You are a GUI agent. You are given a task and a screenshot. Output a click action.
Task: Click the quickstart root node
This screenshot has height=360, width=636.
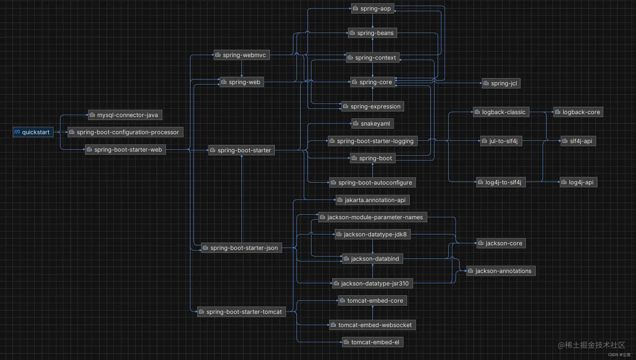(x=33, y=132)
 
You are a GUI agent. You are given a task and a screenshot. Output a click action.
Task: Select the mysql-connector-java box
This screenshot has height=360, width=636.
(x=125, y=115)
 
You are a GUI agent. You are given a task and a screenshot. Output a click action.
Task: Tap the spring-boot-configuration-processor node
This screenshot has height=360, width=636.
(x=125, y=132)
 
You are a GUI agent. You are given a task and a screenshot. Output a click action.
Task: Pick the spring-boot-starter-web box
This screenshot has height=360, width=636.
(x=125, y=150)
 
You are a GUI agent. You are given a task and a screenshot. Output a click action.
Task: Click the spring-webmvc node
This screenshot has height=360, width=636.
(x=242, y=55)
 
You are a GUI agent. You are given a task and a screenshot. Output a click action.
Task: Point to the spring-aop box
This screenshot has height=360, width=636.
(x=373, y=8)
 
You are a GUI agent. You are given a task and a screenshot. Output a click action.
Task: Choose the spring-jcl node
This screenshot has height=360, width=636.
(x=501, y=83)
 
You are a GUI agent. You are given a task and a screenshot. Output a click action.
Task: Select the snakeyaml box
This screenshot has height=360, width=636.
(x=373, y=124)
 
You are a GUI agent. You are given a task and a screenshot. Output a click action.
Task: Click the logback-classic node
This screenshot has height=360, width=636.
(x=501, y=112)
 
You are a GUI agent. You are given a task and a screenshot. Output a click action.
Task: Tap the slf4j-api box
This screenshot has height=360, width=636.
(x=578, y=141)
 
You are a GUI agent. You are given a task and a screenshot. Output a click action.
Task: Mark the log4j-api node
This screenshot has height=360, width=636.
(x=578, y=182)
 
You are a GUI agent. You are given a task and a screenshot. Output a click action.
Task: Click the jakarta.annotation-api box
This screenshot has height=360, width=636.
(x=373, y=200)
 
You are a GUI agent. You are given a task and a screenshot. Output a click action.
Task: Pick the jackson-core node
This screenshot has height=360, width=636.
(x=501, y=243)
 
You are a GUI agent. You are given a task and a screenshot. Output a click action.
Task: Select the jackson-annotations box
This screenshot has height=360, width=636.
(x=501, y=271)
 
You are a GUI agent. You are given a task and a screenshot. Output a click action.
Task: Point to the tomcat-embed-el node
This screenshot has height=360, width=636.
(x=373, y=342)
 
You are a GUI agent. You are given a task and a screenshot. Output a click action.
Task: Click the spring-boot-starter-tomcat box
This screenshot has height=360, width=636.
(x=241, y=312)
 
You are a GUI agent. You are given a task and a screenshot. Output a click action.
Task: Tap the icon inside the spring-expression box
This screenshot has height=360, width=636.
(x=346, y=106)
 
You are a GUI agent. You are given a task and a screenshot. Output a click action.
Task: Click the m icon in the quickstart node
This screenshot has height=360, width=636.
(x=17, y=132)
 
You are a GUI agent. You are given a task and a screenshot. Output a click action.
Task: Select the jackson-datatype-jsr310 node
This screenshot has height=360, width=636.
(x=372, y=283)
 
